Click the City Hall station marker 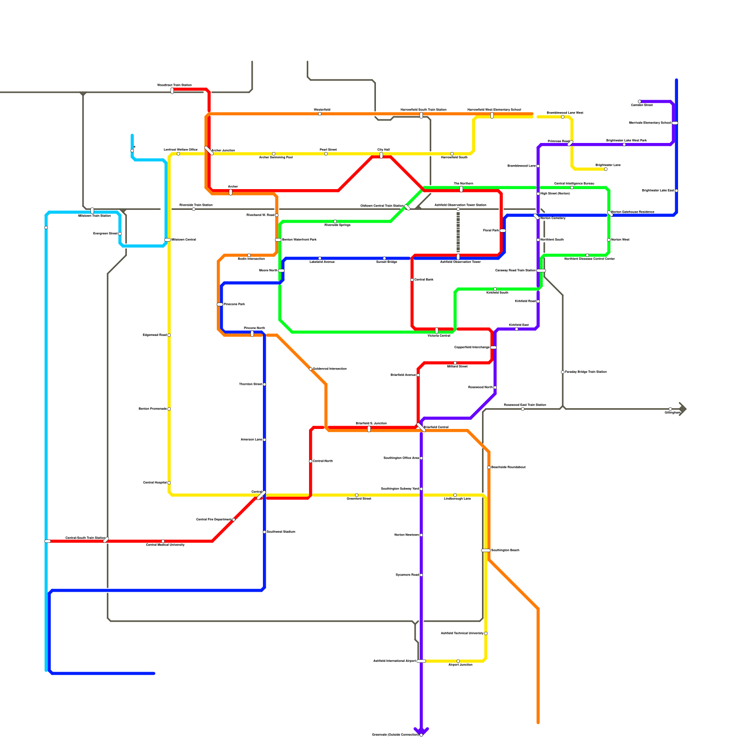click(x=381, y=155)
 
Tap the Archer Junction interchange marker click(x=209, y=150)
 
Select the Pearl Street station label click(x=328, y=149)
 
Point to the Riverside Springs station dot click(x=335, y=221)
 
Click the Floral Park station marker click(x=502, y=230)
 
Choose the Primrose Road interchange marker click(x=571, y=143)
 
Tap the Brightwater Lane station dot click(x=606, y=169)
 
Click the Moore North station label click(x=268, y=271)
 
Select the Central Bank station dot click(x=412, y=280)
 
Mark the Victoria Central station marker click(x=437, y=330)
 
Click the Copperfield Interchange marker click(x=494, y=347)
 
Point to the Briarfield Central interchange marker click(x=421, y=427)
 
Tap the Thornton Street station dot click(x=264, y=384)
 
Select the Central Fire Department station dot click(x=234, y=519)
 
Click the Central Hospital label click(x=155, y=482)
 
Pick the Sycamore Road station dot click(x=421, y=575)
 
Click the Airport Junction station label click(x=460, y=665)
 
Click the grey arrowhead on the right click(x=683, y=409)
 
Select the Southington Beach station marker click(x=486, y=550)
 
